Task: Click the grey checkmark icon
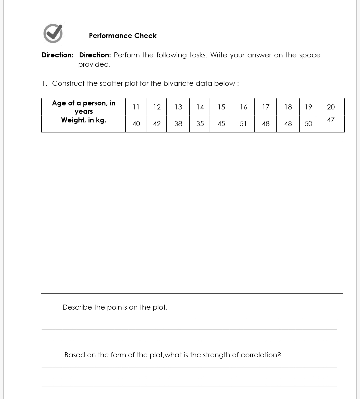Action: click(x=53, y=33)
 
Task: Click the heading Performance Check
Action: click(x=123, y=36)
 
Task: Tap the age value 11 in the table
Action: click(x=136, y=107)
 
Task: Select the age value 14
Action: click(x=200, y=107)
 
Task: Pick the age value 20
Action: click(x=331, y=107)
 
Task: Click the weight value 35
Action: click(x=200, y=124)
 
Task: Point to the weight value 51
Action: click(x=243, y=124)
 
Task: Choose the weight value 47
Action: click(x=331, y=119)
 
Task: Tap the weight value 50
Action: click(x=308, y=124)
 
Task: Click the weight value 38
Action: click(x=178, y=124)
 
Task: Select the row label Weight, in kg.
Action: click(x=84, y=120)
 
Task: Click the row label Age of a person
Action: click(x=84, y=103)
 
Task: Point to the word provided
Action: click(x=94, y=64)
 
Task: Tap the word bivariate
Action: click(x=178, y=83)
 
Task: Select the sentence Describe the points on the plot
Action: click(x=115, y=307)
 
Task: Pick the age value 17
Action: click(x=266, y=107)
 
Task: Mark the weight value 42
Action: click(x=157, y=124)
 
